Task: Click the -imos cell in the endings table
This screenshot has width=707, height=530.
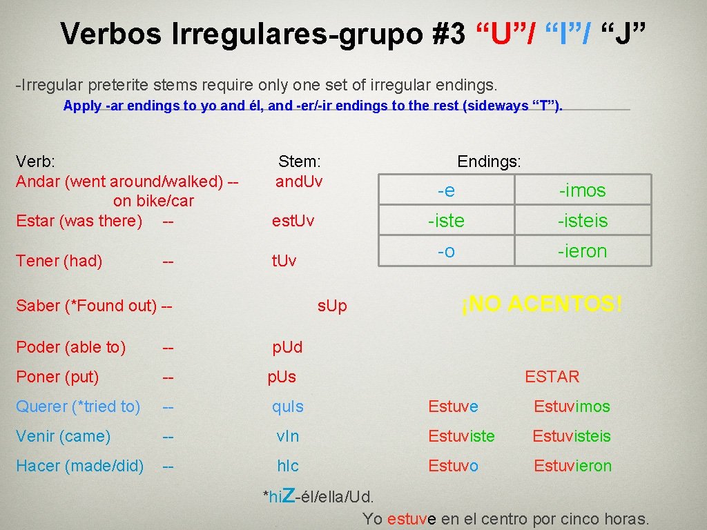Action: point(582,190)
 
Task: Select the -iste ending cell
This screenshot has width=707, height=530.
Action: point(446,221)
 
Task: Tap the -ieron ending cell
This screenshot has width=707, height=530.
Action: point(582,251)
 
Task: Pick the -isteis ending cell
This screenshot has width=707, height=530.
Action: point(582,221)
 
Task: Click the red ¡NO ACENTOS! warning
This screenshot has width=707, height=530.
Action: point(542,304)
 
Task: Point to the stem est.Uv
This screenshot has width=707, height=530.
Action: point(293,221)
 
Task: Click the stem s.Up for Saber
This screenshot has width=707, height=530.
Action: point(332,306)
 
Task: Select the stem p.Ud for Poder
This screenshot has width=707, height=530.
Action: point(287,347)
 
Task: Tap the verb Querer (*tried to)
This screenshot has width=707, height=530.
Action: point(78,406)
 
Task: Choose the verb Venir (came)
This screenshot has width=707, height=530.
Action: point(63,436)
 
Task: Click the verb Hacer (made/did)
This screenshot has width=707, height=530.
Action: point(79,466)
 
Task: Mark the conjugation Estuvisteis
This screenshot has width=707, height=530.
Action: point(572,436)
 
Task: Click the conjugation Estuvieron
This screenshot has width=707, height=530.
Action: point(572,466)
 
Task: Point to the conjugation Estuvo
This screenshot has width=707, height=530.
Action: point(453,466)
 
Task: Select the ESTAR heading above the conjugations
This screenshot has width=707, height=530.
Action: point(552,377)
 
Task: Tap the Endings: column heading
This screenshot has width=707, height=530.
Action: point(489,161)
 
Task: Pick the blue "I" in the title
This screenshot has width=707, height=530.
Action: point(565,33)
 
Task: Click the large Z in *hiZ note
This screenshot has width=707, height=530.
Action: point(289,493)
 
